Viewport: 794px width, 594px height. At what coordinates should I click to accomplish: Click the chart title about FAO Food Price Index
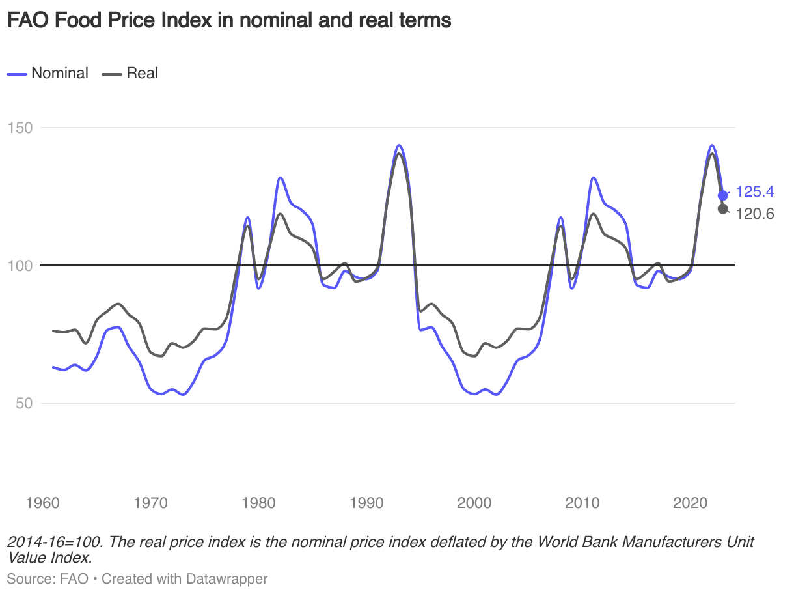coord(228,21)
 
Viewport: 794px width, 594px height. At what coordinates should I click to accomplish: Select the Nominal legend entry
coord(59,73)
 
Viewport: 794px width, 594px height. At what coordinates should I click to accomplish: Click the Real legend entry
coord(142,73)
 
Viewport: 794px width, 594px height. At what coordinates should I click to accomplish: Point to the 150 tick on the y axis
coord(20,127)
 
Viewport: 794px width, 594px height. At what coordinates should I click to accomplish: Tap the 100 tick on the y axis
coord(20,265)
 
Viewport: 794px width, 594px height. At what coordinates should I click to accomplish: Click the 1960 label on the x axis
coord(42,503)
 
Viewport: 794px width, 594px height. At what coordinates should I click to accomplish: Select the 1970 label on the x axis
coord(150,503)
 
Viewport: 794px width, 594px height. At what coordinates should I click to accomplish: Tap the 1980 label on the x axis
coord(258,503)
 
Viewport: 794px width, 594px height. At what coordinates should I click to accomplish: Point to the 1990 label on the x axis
coord(366,503)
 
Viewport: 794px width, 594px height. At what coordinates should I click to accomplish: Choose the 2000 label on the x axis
coord(474,503)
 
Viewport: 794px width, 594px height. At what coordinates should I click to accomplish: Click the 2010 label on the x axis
coord(582,503)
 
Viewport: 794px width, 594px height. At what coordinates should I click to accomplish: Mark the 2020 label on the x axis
coord(691,503)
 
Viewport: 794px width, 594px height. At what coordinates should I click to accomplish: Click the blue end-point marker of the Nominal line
coord(722,195)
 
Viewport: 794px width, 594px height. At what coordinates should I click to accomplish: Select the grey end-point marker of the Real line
coord(722,208)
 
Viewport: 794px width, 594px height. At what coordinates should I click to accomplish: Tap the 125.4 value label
coord(754,192)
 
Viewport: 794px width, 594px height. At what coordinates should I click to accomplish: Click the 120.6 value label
coord(754,213)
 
